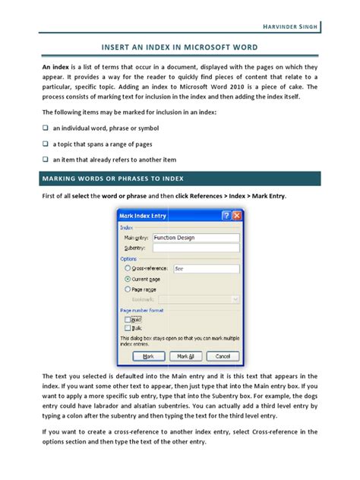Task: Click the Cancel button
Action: (221, 355)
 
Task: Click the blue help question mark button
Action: (225, 216)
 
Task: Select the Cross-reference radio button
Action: (126, 268)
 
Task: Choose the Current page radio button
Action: (126, 279)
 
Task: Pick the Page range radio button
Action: (126, 289)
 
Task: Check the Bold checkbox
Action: (128, 321)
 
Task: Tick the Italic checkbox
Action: (128, 328)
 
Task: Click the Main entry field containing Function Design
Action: (195, 238)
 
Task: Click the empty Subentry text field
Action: (195, 248)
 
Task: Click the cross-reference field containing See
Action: (205, 268)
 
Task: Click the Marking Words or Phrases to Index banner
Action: (179, 178)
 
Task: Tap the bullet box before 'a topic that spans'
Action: (45, 144)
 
